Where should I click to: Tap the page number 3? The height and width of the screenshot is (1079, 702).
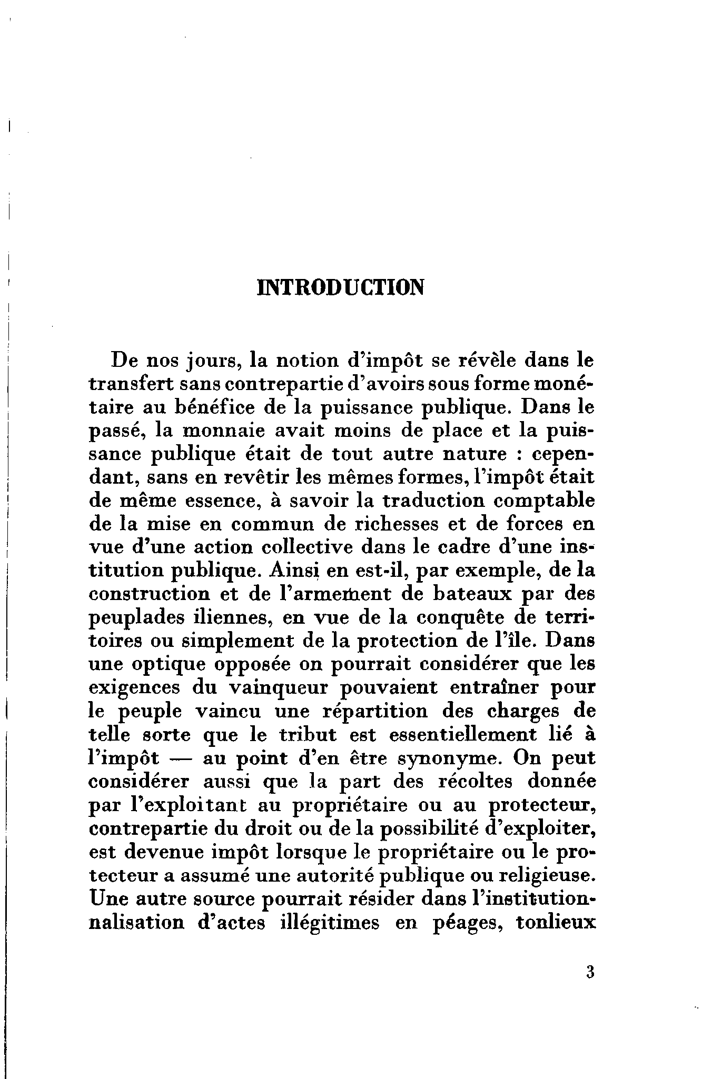pyautogui.click(x=589, y=971)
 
